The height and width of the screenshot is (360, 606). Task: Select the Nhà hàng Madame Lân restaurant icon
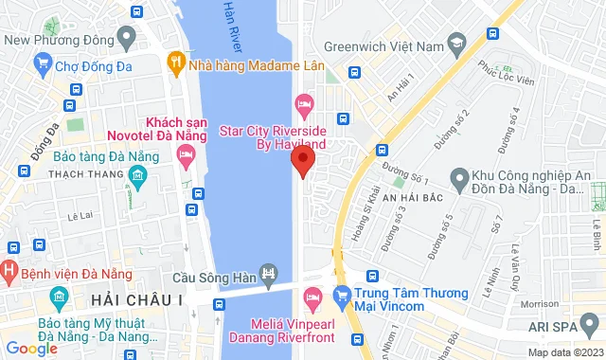[175, 62]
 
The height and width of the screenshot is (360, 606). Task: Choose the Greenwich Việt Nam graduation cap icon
[456, 45]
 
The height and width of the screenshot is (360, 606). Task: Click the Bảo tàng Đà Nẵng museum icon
[137, 176]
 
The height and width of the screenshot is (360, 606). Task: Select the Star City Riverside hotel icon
[304, 102]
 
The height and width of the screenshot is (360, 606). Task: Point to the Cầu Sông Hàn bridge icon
[270, 277]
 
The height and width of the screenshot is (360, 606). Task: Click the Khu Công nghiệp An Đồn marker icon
[459, 176]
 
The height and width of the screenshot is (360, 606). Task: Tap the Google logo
[32, 349]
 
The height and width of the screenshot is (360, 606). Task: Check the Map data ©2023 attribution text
[563, 352]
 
